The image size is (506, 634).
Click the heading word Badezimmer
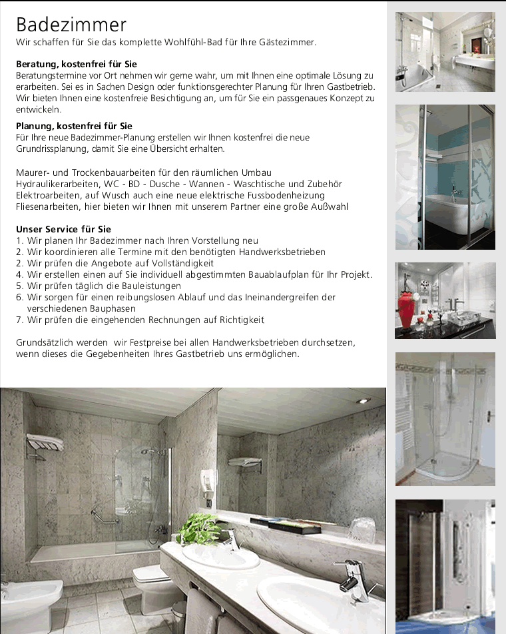click(x=71, y=25)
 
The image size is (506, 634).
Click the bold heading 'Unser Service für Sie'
click(x=63, y=229)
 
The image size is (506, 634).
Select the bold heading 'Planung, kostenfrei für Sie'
click(x=74, y=126)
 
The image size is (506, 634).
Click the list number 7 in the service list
click(x=20, y=320)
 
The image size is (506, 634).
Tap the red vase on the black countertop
click(x=406, y=309)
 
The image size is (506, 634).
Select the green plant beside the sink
click(x=198, y=528)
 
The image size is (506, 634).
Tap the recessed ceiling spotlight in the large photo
click(x=362, y=401)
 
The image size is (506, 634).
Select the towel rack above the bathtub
click(x=44, y=443)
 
